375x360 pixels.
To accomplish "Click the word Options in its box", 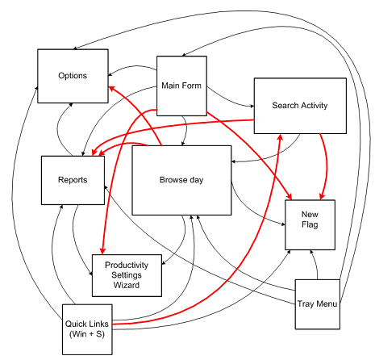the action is (73, 76).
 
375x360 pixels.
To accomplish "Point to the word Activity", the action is (314, 106).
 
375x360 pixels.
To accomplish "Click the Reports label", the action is (73, 180).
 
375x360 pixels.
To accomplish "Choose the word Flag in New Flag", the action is (310, 224).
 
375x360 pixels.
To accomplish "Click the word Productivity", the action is (127, 266).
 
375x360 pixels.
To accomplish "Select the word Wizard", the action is (127, 285).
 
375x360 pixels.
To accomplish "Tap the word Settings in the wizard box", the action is (127, 275).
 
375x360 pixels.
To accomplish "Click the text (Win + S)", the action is (87, 334).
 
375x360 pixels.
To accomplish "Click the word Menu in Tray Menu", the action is (327, 304).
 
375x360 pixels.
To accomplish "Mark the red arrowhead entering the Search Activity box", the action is (281, 136).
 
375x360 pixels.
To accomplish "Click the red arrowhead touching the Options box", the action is (111, 89).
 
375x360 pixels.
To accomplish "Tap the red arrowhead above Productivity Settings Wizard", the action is (102, 251).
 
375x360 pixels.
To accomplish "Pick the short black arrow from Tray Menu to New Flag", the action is (315, 264).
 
